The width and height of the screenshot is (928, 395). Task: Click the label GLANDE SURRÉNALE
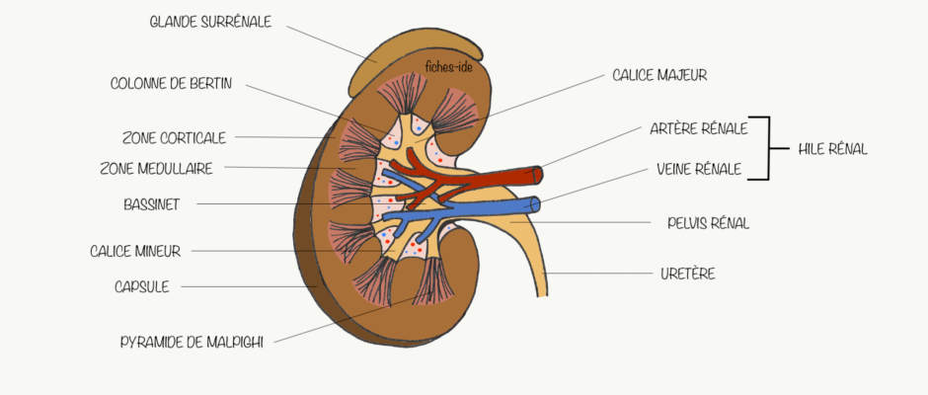(210, 22)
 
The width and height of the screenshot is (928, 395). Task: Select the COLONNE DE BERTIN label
(171, 84)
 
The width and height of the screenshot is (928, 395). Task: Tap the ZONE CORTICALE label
(174, 138)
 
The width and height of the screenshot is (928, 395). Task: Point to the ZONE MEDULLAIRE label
(156, 169)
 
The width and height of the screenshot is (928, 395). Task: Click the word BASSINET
(151, 204)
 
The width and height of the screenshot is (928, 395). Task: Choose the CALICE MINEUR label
(135, 251)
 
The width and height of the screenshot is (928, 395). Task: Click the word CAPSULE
(142, 287)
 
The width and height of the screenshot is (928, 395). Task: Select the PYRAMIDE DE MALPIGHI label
(192, 343)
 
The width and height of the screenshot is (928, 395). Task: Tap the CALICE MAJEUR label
(659, 75)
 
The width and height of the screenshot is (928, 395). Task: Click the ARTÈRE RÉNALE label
(699, 128)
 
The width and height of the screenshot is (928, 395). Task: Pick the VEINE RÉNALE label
(699, 170)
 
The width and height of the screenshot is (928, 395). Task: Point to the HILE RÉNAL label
(832, 150)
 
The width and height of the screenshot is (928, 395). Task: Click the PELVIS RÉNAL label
(709, 223)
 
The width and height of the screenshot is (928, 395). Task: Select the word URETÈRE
(688, 275)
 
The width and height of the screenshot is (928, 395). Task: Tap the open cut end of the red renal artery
(537, 175)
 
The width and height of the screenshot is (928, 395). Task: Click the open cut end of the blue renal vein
(536, 204)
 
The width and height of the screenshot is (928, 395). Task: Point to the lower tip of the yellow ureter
(542, 295)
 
